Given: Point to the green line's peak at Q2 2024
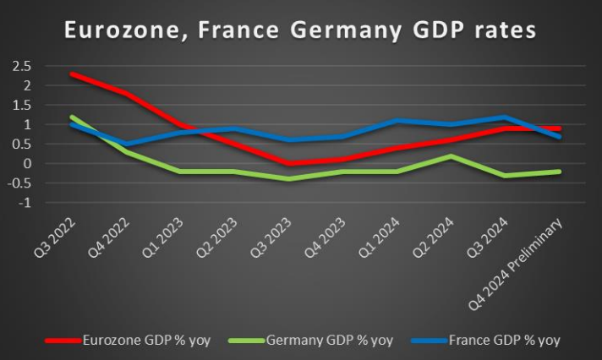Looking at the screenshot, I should tap(454, 156).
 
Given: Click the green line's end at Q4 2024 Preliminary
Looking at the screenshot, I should tap(558, 172).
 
